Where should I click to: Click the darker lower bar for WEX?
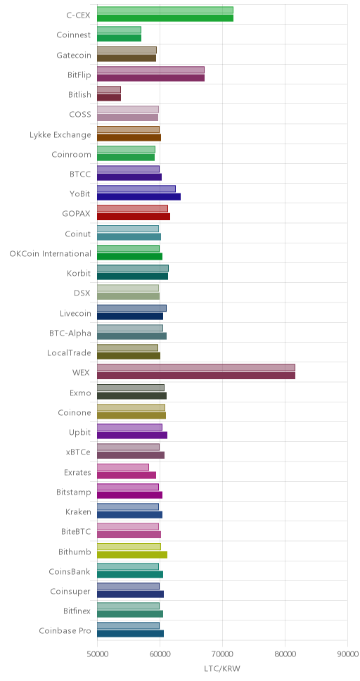196,376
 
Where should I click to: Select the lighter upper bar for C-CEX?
165,10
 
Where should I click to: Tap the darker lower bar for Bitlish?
109,98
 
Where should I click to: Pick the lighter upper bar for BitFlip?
150,70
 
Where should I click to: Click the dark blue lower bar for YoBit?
139,197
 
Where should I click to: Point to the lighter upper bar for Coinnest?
119,30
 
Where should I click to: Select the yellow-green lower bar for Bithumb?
132,554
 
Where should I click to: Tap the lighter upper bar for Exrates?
123,467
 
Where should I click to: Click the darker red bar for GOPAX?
134,217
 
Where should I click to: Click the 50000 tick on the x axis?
97,654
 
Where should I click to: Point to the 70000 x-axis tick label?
223,654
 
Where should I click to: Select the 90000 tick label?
348,654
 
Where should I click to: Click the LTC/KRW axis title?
222,668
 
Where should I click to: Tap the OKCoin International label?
51,254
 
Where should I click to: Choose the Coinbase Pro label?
65,630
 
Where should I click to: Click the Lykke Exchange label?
60,134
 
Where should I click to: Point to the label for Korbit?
79,274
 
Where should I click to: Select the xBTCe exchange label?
79,452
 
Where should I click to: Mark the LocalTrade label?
69,353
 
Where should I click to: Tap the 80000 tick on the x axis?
285,654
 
